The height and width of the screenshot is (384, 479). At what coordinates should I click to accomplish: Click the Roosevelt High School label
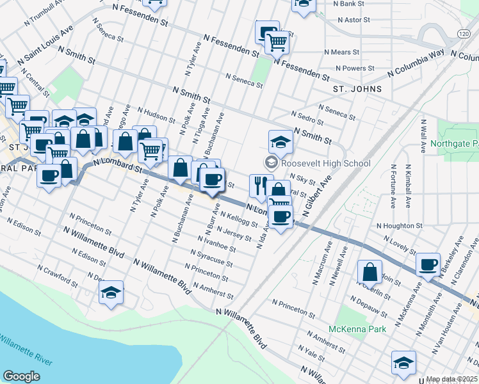(x=325, y=163)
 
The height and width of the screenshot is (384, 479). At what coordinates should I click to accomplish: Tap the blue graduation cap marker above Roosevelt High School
(x=280, y=141)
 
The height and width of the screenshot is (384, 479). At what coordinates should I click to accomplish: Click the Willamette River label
(x=26, y=350)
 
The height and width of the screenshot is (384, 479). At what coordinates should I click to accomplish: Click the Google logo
(x=22, y=376)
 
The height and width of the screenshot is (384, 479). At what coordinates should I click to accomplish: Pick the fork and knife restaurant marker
(x=261, y=186)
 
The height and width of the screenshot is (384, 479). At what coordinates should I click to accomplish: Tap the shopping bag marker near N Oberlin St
(x=370, y=271)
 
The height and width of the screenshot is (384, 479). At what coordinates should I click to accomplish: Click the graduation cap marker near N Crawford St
(x=111, y=292)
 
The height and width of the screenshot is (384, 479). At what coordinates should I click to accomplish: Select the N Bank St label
(x=350, y=4)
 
